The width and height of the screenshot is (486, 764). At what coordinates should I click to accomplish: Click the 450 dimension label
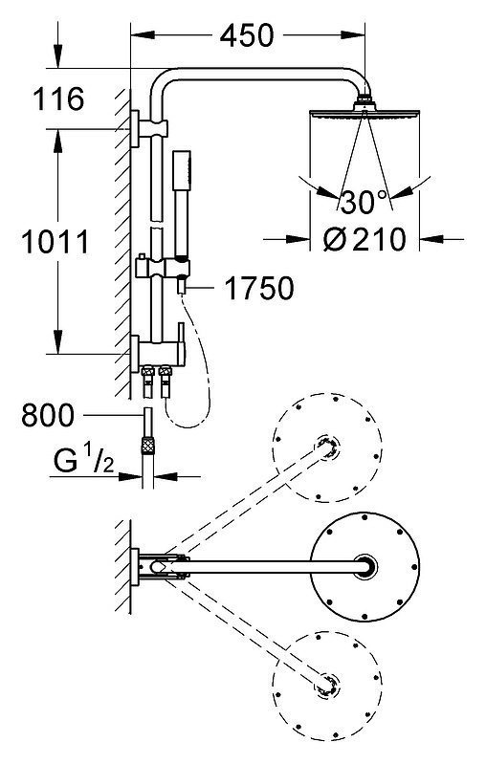pos(247,35)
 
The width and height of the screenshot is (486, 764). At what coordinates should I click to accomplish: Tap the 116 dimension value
pos(58,98)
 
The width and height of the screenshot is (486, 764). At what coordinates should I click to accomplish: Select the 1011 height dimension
pos(55,242)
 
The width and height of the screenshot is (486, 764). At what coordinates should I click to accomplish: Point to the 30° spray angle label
pos(364,202)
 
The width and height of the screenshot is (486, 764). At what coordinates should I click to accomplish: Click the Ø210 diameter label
pos(364,239)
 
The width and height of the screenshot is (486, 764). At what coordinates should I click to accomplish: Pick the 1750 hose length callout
pos(259,288)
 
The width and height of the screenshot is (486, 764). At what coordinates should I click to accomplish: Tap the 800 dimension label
pos(48,415)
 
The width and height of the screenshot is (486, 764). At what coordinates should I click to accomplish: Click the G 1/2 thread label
pos(84,460)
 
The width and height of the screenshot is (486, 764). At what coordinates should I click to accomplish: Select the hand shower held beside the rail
pos(183,205)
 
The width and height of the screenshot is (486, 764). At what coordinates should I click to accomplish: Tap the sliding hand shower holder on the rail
pos(163,268)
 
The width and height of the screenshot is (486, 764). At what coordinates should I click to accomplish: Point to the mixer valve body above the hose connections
pos(161,352)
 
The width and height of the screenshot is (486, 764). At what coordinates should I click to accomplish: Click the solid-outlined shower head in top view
pos(365,567)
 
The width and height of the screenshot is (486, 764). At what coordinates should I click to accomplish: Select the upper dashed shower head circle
pos(326,447)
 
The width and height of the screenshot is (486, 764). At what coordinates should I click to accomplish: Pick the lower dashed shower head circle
pos(326,685)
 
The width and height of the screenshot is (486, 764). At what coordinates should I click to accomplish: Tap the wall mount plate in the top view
pos(134,567)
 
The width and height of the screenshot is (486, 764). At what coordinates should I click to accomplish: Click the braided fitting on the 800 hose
pos(147,445)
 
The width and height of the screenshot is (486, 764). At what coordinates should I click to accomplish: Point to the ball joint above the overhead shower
pos(364,100)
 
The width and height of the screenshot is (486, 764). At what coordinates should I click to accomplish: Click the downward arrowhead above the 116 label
pos(58,57)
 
